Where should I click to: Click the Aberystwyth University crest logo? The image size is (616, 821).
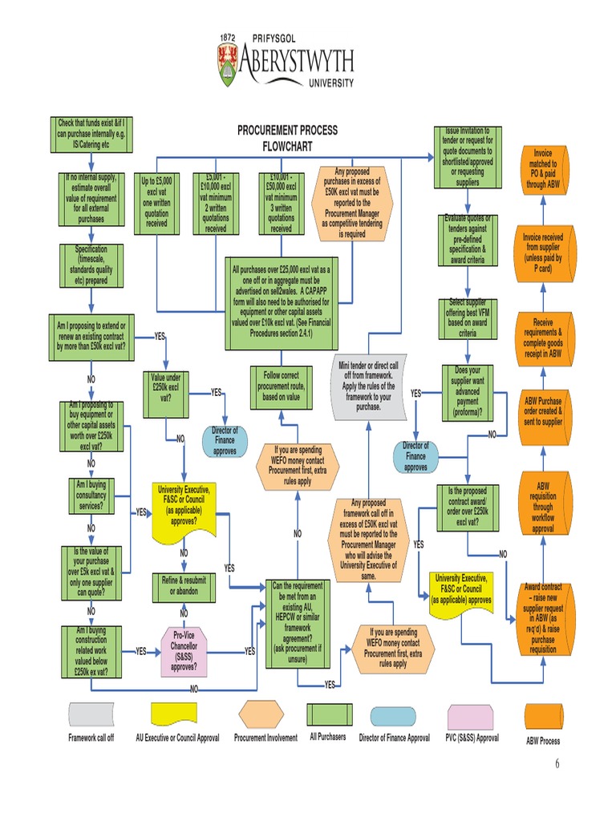tap(228, 65)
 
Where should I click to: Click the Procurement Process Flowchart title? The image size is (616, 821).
tap(286, 138)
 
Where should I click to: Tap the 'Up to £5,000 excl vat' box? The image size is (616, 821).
tap(156, 202)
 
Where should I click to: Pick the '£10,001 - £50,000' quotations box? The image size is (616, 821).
tap(281, 202)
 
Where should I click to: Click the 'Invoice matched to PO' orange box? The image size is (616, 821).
tap(542, 167)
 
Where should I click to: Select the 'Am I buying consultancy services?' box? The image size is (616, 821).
tap(91, 495)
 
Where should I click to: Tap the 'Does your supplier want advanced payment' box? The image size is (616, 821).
tap(467, 392)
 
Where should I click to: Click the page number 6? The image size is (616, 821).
tap(557, 763)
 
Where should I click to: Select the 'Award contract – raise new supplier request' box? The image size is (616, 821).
tap(542, 617)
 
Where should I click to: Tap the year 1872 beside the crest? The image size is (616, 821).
tap(228, 38)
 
